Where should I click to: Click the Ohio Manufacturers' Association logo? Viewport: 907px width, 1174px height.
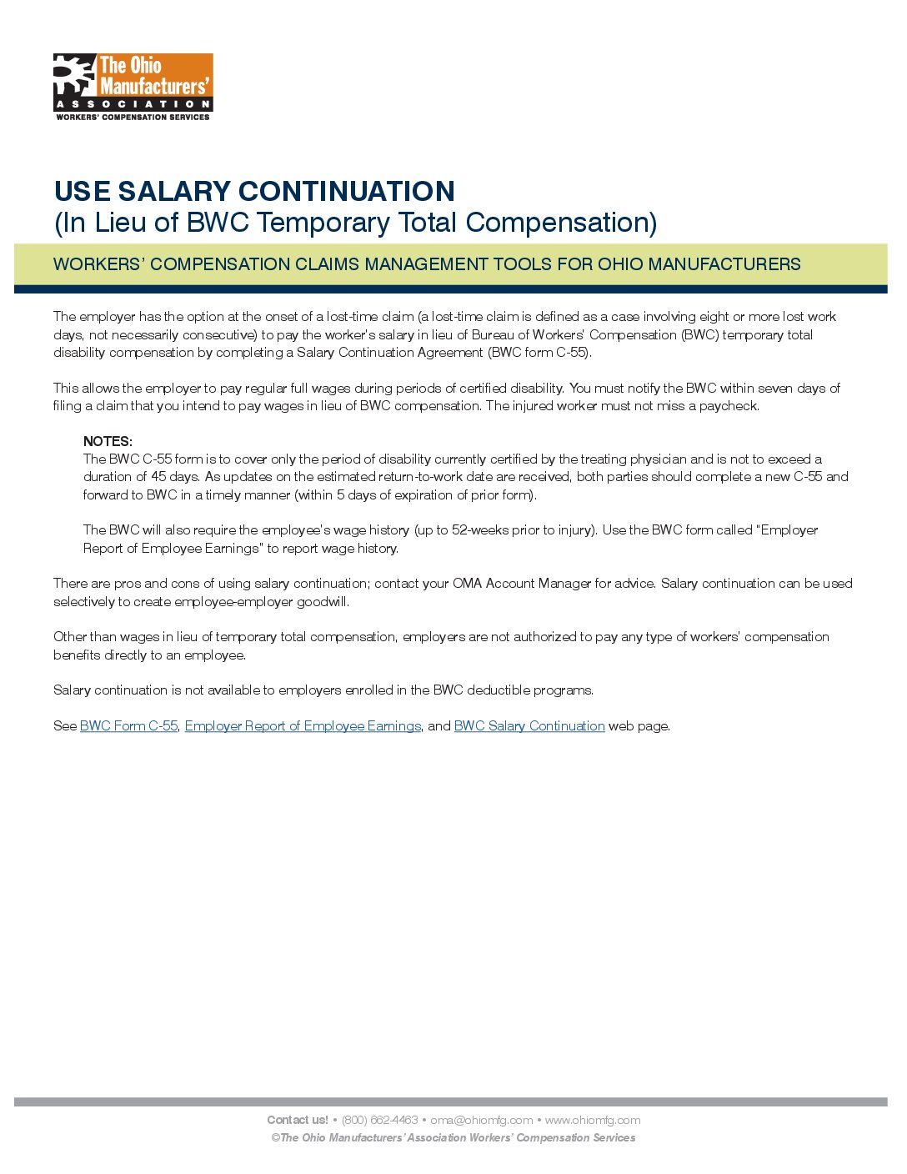pos(133,87)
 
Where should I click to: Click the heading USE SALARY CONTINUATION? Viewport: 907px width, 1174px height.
pos(254,191)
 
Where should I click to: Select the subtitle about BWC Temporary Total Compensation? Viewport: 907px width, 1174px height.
pos(355,223)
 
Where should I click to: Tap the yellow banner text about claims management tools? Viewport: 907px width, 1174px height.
pos(427,264)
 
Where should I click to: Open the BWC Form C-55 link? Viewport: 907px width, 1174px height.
pos(128,726)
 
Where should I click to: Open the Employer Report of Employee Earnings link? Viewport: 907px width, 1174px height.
pos(303,726)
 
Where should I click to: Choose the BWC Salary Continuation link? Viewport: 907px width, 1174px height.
pos(529,726)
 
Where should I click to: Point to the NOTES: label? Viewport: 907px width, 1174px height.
pos(108,441)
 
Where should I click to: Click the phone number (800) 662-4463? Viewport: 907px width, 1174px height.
pos(379,1120)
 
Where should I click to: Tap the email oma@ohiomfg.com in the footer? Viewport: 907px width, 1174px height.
pos(481,1120)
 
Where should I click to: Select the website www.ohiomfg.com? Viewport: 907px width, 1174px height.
pos(593,1120)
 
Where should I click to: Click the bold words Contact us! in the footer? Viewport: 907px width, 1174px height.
pos(298,1120)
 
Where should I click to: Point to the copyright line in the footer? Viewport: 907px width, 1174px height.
pos(453,1137)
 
